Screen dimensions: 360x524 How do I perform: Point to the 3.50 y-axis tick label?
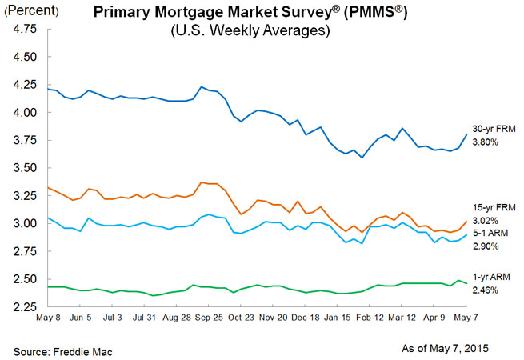point(24,169)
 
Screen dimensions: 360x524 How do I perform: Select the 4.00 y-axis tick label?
point(24,113)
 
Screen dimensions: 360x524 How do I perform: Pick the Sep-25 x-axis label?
point(209,318)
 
